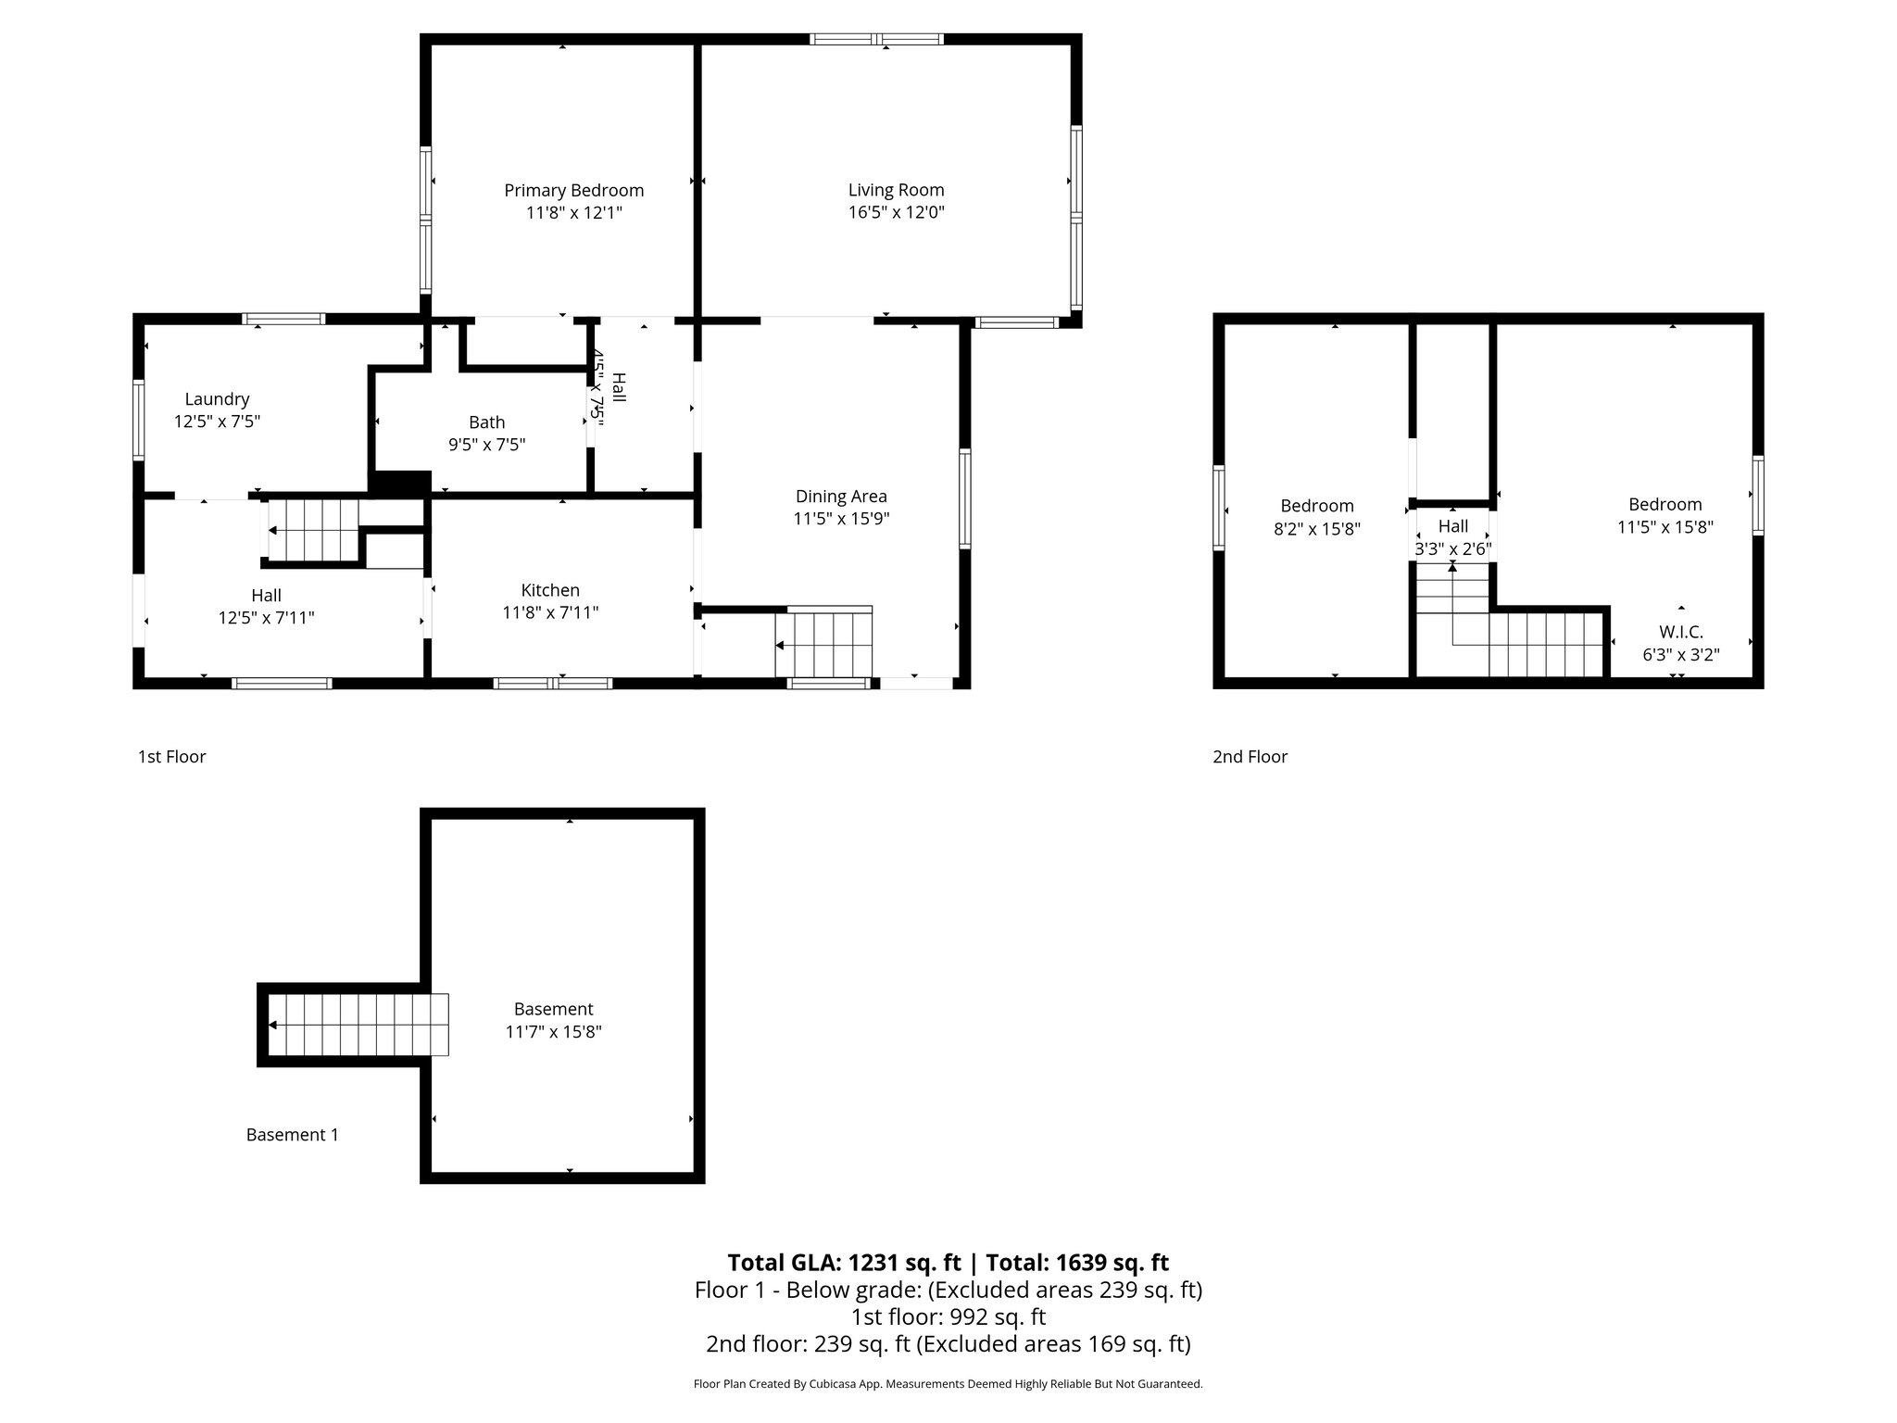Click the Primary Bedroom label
573,191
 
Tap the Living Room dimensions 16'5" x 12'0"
896,212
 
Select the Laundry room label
217,399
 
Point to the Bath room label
486,422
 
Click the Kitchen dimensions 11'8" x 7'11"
550,612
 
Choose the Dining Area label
841,497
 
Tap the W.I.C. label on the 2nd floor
1680,632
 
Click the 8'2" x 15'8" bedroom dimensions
1316,529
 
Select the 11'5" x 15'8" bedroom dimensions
1665,527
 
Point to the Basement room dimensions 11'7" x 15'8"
553,1032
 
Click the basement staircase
358,1025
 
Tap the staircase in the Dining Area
824,645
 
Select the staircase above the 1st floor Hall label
313,531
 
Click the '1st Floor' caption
171,757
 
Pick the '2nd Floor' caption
1250,757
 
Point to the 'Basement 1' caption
292,1135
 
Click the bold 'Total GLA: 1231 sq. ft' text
844,1263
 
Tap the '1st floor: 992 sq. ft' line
948,1316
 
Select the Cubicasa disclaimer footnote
948,1384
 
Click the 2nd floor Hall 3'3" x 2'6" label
1452,537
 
